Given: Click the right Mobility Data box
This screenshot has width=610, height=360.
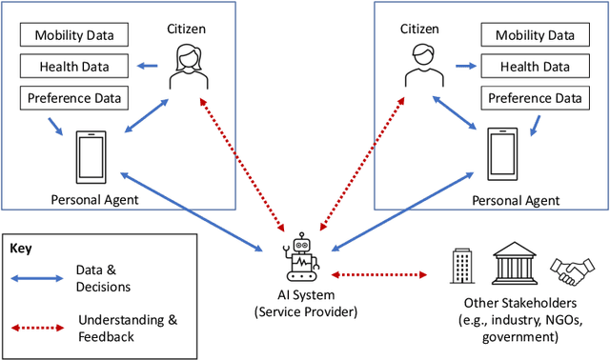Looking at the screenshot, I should click(534, 36).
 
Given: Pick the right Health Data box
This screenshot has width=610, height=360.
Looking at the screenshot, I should click(534, 67).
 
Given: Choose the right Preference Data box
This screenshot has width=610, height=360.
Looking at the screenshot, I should click(534, 97).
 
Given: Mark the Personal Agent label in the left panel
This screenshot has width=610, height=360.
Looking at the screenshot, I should click(94, 199).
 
